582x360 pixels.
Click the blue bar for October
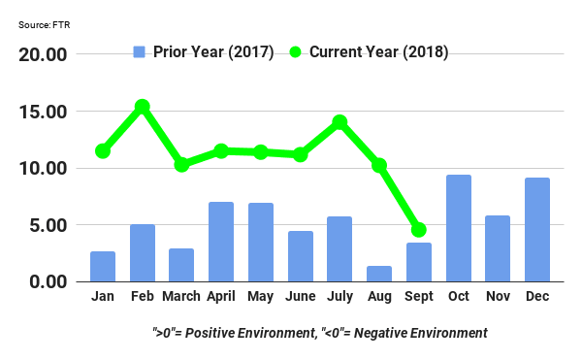pos(459,228)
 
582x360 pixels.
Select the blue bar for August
pos(379,274)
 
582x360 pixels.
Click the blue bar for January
pos(103,266)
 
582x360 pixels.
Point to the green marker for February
pos(143,107)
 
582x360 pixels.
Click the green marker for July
pos(339,122)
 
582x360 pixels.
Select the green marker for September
pos(419,230)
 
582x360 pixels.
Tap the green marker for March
pos(181,165)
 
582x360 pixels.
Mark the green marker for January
pos(103,151)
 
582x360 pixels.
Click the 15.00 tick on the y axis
pos(45,112)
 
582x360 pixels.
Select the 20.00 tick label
pos(45,54)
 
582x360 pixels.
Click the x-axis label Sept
pos(419,296)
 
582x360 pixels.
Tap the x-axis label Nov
pos(498,296)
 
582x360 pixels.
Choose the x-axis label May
pos(260,296)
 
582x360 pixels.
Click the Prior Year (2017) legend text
pos(214,51)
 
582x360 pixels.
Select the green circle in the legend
pos(296,51)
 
